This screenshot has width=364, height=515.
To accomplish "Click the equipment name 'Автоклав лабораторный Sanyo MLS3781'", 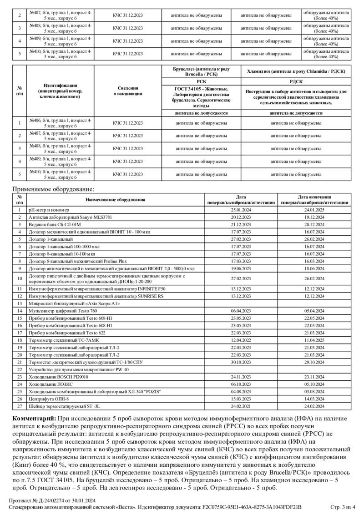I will tap(66, 217).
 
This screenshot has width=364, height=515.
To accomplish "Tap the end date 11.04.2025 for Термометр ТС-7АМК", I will tap(314, 340).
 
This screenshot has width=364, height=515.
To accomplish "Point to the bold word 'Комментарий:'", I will tap(34, 418).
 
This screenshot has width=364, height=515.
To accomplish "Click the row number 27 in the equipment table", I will tap(20, 406).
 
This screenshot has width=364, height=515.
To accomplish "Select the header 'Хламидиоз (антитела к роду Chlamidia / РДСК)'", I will tap(296, 71).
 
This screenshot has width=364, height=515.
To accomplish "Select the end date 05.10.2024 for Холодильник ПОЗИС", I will tap(314, 384).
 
